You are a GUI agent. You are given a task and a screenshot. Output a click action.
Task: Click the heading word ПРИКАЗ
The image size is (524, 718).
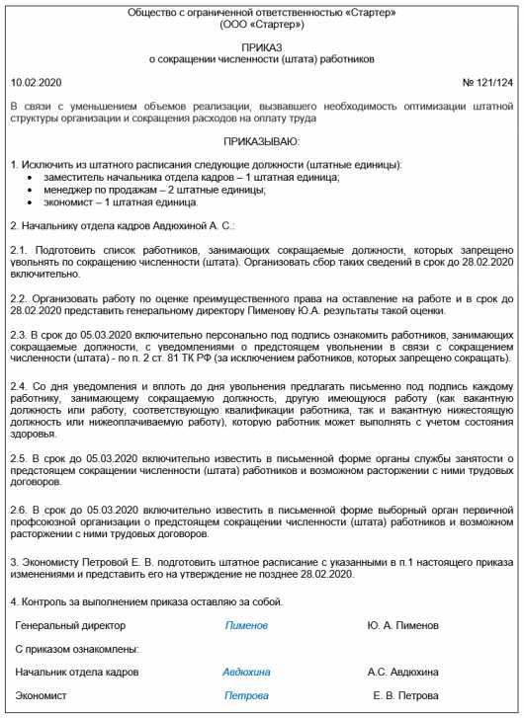click(261, 46)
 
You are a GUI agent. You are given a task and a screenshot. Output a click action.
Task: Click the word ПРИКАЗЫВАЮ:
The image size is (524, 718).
click(261, 142)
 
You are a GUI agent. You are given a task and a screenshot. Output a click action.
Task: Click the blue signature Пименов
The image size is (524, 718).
click(246, 625)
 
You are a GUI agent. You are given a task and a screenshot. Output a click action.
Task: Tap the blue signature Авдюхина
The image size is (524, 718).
click(246, 672)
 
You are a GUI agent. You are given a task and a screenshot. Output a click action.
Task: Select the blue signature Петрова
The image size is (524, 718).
click(246, 695)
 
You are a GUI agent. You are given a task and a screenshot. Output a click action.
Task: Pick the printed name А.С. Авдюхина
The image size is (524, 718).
click(403, 672)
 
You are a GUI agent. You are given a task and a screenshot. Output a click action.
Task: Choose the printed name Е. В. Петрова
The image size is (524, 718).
click(403, 695)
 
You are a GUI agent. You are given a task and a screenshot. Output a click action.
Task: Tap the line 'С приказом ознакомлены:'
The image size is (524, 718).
click(77, 649)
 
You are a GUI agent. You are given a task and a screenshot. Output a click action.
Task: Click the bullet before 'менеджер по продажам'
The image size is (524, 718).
click(35, 190)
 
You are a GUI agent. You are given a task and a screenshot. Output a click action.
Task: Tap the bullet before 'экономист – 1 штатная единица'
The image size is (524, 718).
click(35, 202)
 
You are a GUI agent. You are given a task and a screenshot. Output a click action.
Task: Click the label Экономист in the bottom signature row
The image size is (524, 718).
click(42, 695)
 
